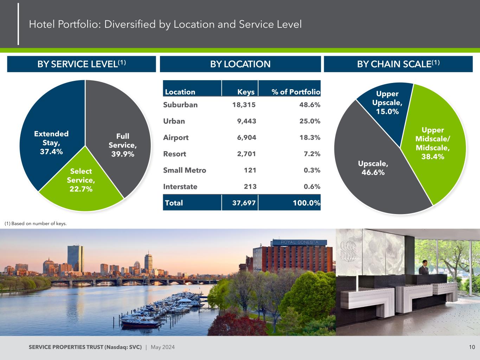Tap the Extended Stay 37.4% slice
(51, 135)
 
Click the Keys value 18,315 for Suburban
(244, 105)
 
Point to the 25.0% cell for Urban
(310, 121)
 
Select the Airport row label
(176, 138)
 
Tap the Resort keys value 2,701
(247, 154)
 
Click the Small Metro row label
(185, 170)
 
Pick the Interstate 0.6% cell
(312, 187)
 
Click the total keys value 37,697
(244, 203)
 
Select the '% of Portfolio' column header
(296, 92)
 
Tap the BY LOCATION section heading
(240, 64)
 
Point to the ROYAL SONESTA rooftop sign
(299, 242)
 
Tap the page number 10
(472, 347)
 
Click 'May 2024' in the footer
(163, 347)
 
